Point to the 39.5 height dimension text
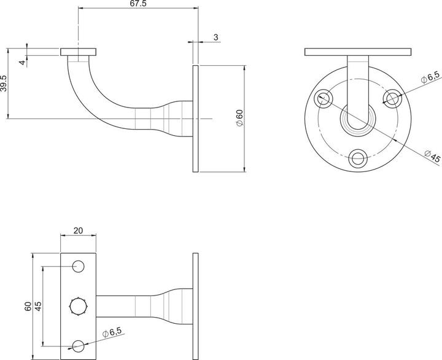[5, 83]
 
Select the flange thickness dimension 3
[216, 38]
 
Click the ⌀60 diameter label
[240, 118]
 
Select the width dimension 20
[79, 230]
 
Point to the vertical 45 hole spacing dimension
[37, 305]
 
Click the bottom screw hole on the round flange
[356, 158]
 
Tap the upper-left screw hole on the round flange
[323, 98]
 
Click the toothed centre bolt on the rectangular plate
[79, 305]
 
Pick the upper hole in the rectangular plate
[79, 267]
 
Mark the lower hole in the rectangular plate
[79, 345]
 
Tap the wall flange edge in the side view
[195, 118]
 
